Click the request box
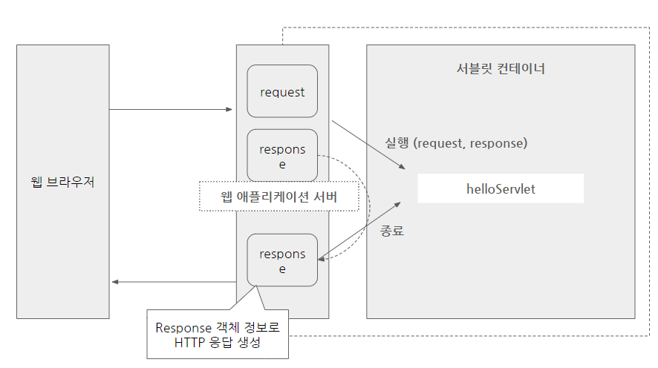[x=282, y=92]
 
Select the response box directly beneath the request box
[x=282, y=156]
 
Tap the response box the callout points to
[x=282, y=260]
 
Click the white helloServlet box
[x=501, y=189]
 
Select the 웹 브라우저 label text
[x=62, y=182]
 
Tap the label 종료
[x=392, y=231]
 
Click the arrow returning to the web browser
[x=172, y=282]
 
